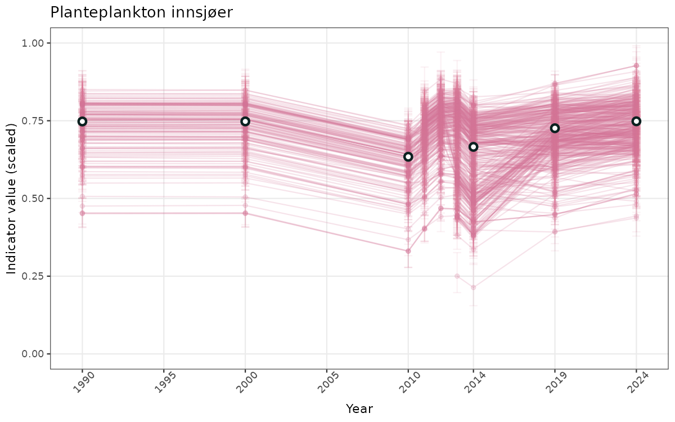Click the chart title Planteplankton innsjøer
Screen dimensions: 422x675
(x=141, y=12)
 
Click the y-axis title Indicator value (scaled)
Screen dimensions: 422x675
(x=12, y=198)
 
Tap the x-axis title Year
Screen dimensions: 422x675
(x=359, y=409)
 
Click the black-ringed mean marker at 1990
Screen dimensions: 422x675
(x=82, y=122)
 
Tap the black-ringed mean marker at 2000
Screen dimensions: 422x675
(x=245, y=122)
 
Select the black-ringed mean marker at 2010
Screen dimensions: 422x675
(x=408, y=156)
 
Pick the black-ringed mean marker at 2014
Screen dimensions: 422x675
(x=474, y=147)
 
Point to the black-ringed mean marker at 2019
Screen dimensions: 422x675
(x=555, y=128)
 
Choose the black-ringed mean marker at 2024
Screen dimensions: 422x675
(x=637, y=122)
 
